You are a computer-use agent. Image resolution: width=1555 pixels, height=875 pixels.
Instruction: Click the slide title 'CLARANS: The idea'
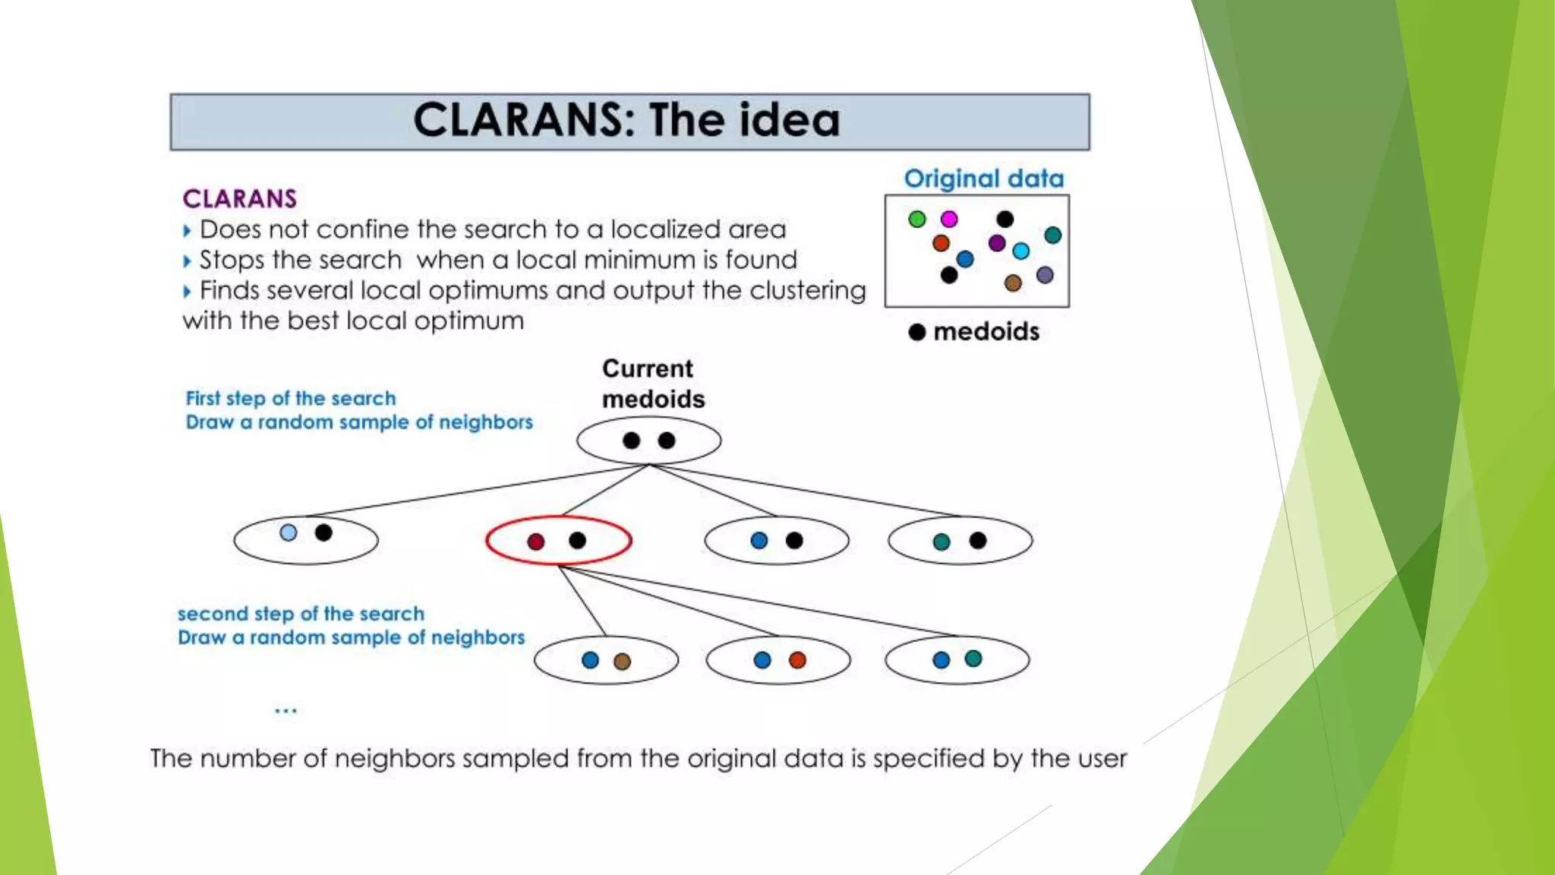(x=627, y=121)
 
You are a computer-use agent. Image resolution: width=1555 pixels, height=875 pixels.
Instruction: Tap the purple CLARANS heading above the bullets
(x=240, y=199)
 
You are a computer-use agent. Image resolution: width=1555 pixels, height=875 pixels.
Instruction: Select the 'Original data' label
(x=984, y=178)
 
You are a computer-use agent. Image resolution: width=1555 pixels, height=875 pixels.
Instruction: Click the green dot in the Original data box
(x=917, y=220)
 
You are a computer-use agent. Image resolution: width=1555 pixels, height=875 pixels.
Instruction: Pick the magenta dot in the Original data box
(x=949, y=220)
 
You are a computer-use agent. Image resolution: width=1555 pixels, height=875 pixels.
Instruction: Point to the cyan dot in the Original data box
(x=1021, y=251)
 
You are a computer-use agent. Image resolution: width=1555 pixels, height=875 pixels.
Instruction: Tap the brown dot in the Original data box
(x=1013, y=283)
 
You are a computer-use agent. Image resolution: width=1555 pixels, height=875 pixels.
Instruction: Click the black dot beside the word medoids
(x=917, y=332)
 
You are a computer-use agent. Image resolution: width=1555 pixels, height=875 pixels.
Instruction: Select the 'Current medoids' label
(x=653, y=384)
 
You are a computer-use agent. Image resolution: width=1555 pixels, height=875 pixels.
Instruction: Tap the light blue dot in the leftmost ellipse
(x=289, y=532)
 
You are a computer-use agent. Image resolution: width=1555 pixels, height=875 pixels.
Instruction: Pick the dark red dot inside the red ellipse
(x=536, y=542)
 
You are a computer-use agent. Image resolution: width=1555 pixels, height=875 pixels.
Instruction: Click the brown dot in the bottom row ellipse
(x=622, y=662)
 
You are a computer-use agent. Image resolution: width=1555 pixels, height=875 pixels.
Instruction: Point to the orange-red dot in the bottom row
(x=797, y=660)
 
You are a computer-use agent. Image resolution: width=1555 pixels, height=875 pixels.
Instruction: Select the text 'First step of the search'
(x=291, y=398)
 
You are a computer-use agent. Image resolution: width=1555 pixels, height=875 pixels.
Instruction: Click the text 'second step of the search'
(x=301, y=614)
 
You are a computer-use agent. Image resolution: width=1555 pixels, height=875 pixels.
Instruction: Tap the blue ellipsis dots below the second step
(x=285, y=711)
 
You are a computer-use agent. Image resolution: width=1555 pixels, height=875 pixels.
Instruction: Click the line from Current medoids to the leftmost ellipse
(x=478, y=491)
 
